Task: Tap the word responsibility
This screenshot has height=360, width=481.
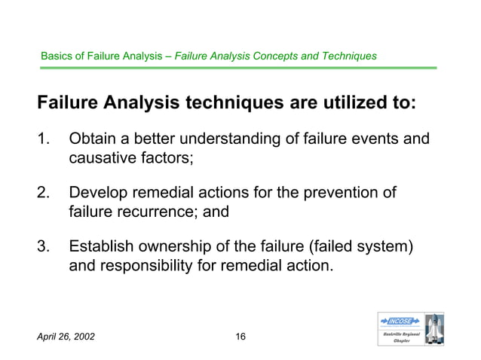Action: point(156,265)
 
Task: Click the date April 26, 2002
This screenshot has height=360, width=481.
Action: point(67,336)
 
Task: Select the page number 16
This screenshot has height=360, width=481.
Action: point(240,336)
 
